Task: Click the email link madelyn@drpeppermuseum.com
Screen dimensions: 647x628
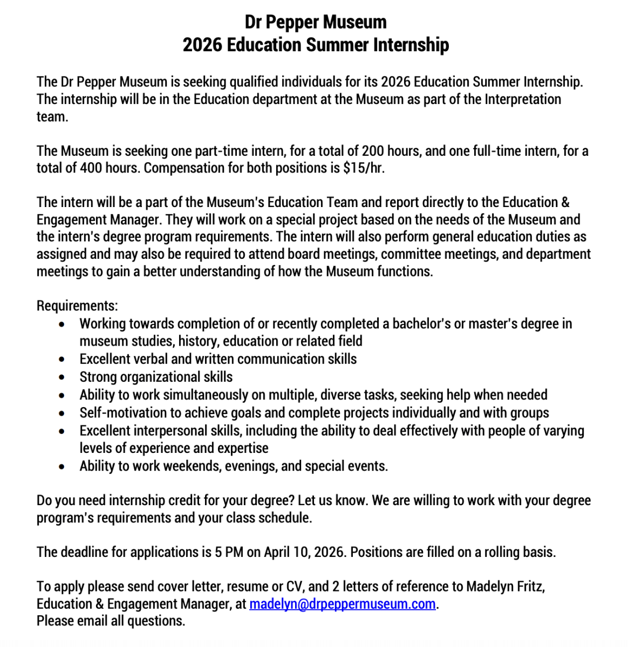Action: [342, 604]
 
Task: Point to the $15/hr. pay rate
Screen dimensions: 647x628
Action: [364, 168]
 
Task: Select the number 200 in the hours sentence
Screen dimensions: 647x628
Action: [373, 151]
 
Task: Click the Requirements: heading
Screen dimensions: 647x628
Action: [77, 306]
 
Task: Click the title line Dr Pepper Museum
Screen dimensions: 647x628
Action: [316, 22]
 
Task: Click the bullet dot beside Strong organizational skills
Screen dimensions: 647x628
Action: [63, 377]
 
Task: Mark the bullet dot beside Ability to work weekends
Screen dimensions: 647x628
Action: [63, 466]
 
